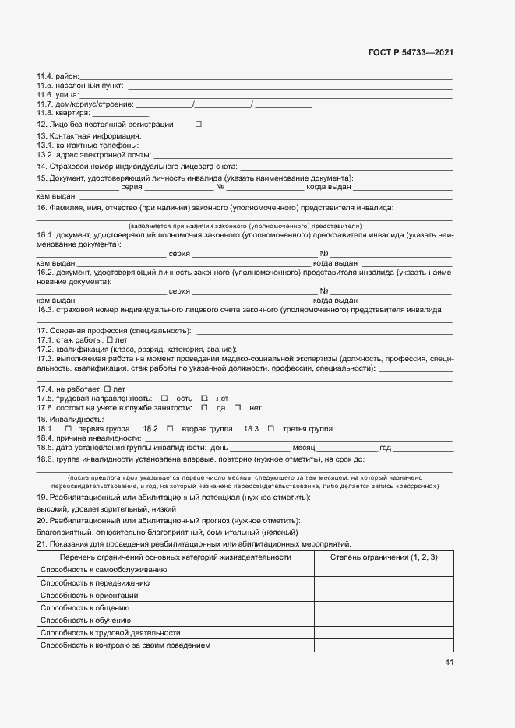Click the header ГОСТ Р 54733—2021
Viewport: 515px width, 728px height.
[411, 53]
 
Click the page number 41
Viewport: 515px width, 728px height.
[449, 663]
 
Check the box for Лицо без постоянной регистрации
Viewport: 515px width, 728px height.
[198, 125]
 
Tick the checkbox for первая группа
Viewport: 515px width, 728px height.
[68, 429]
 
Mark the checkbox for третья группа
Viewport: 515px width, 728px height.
[271, 429]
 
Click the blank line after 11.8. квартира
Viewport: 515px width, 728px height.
[120, 114]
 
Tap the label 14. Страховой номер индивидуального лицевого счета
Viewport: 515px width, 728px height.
[136, 167]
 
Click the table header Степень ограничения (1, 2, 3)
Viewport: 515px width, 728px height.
[384, 557]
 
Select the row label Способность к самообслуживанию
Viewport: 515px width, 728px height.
[103, 570]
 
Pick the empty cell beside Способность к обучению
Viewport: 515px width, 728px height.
[384, 620]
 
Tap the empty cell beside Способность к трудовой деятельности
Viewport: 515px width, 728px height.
[384, 632]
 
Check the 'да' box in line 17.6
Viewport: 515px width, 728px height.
[204, 407]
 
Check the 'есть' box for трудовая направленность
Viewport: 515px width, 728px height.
[164, 398]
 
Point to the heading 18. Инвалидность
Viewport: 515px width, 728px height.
[70, 420]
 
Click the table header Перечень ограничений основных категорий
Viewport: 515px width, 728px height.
[175, 557]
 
